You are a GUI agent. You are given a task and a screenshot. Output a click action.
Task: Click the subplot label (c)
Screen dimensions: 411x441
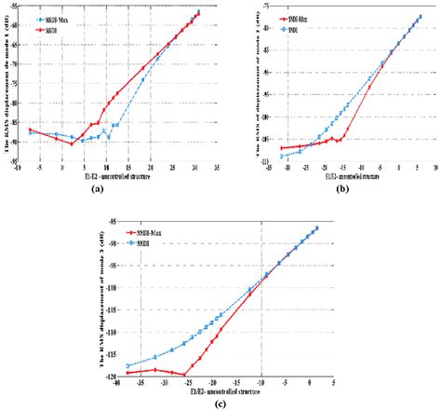pos(220,403)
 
